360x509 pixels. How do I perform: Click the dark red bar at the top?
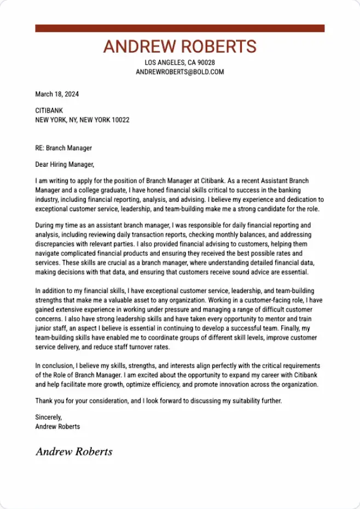point(179,28)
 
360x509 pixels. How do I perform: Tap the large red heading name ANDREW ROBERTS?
point(179,47)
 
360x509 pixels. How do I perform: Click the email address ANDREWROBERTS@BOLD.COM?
point(179,72)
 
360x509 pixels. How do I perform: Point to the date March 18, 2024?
point(57,94)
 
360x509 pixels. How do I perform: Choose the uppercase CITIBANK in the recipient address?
point(49,111)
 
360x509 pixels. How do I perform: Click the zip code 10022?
point(120,120)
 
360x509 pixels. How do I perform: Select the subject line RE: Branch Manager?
point(63,148)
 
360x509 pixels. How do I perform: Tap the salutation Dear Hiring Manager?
point(65,165)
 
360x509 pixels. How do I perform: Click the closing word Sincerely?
point(48,417)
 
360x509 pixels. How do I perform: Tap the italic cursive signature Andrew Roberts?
point(74,452)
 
